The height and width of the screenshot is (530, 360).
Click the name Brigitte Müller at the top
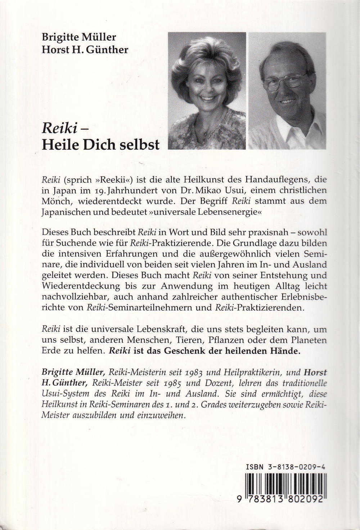point(79,37)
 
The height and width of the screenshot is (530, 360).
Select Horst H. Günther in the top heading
point(85,49)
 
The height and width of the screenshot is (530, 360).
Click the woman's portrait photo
point(207,91)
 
